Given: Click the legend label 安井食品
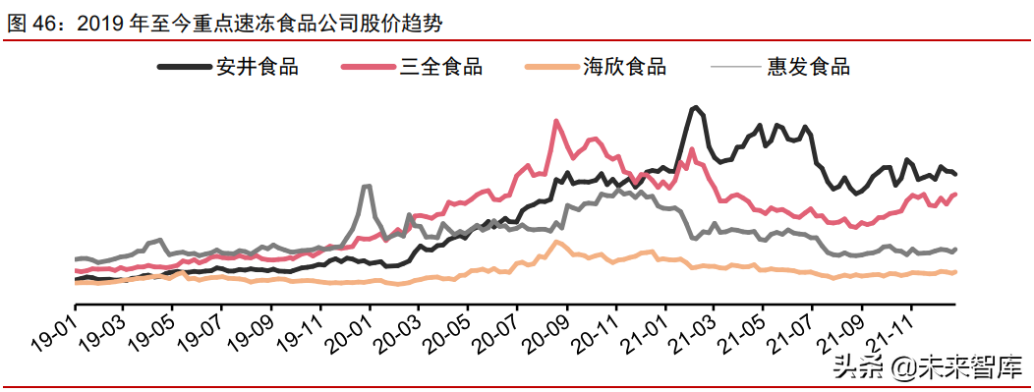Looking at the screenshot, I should [x=258, y=67].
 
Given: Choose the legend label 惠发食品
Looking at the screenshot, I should [x=809, y=67].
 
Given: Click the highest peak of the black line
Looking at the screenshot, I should [x=695, y=107].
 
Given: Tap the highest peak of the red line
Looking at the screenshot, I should [x=556, y=122].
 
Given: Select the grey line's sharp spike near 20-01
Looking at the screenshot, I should [x=367, y=186].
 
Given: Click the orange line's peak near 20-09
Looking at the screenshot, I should [x=556, y=242].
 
